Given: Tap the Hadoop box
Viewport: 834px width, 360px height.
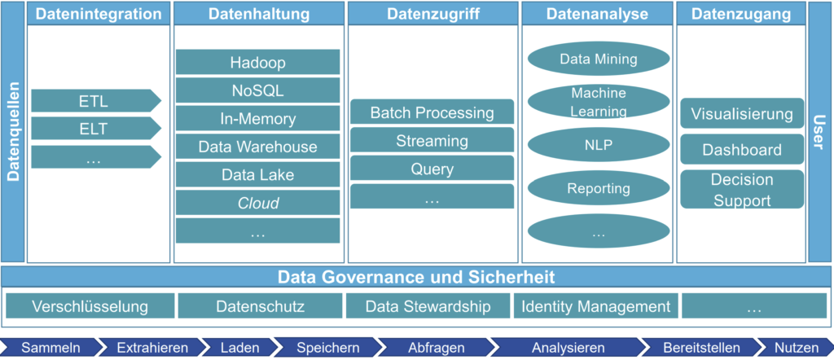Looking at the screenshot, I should tap(257, 63).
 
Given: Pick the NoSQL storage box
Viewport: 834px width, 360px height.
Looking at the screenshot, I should tap(257, 90).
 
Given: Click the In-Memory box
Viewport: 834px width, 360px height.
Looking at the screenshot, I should tap(257, 119).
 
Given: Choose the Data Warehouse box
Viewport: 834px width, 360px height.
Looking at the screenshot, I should tap(257, 147).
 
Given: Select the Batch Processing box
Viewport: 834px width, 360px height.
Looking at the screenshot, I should tap(432, 112).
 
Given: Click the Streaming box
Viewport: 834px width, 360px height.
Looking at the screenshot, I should tap(432, 141).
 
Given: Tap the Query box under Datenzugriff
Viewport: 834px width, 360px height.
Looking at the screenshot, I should tap(432, 169).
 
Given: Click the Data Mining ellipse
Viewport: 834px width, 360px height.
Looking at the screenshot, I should tap(599, 59).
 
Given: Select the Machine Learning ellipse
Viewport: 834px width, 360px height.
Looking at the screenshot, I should tap(599, 102).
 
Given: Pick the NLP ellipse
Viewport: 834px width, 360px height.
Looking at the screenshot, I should tap(599, 146).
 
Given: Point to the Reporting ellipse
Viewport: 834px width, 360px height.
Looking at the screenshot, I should tap(599, 188).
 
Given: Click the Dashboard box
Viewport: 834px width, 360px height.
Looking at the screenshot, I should tap(742, 150).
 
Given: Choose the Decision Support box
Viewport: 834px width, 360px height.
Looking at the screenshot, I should tap(742, 189).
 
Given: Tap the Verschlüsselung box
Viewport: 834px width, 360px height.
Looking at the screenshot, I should tap(90, 307).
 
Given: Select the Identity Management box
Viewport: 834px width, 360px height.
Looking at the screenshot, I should tap(596, 307).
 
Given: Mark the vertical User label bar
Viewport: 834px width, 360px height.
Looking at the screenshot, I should tap(820, 134).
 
